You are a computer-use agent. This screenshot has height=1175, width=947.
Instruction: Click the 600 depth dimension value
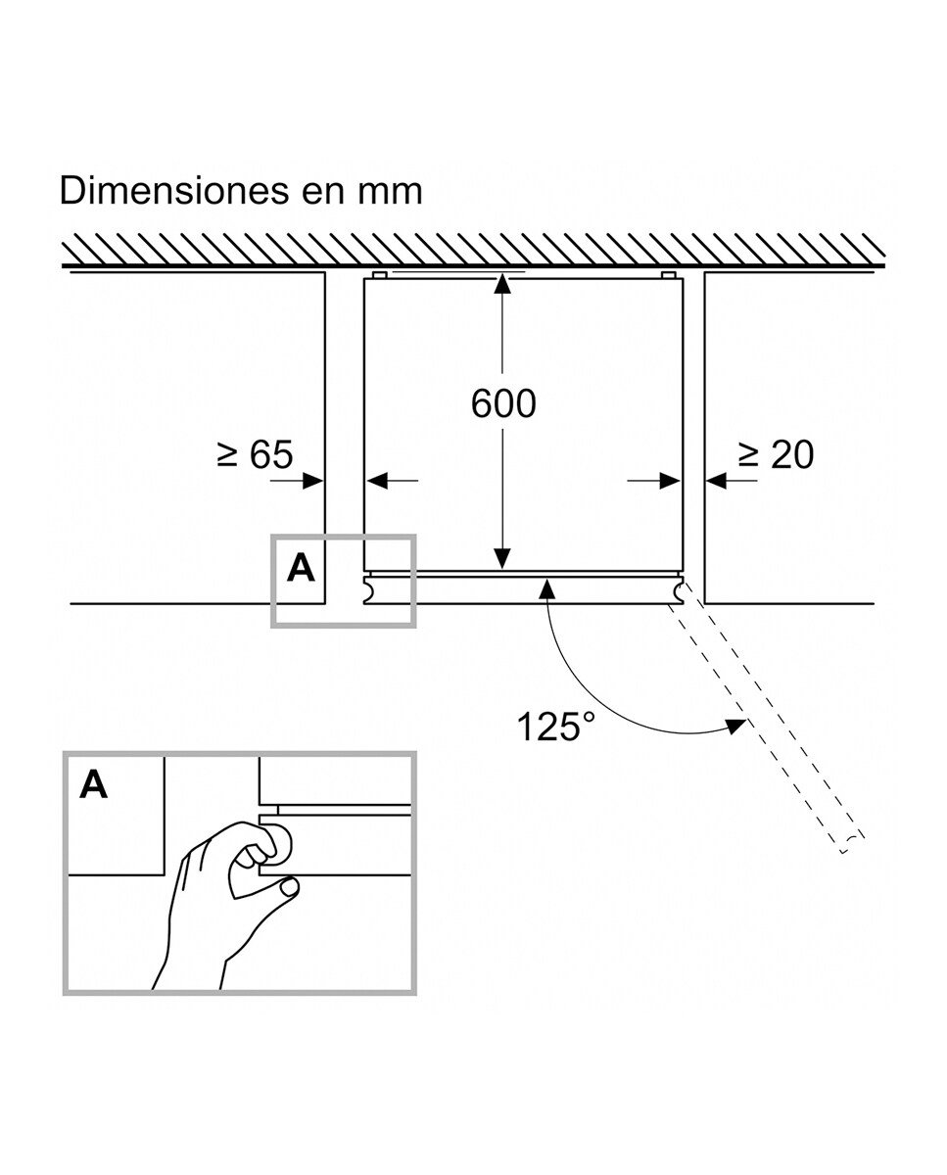[x=503, y=403]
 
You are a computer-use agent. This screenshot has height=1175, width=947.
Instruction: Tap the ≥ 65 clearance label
[x=255, y=454]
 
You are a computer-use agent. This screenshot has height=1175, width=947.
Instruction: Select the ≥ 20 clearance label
[x=776, y=454]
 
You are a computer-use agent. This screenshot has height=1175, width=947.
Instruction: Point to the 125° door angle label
[x=555, y=727]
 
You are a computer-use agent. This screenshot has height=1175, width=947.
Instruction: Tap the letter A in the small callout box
[x=301, y=568]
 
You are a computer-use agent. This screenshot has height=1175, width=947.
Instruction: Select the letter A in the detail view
[x=94, y=784]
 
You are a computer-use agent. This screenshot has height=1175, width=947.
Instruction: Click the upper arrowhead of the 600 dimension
[x=502, y=284]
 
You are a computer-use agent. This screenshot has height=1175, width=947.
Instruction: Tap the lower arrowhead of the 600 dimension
[x=502, y=559]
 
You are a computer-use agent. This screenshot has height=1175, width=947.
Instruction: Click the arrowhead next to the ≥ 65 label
[x=313, y=480]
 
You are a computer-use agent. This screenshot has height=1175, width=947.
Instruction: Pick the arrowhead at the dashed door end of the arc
[x=734, y=726]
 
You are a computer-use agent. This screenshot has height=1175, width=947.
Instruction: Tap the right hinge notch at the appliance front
[x=678, y=589]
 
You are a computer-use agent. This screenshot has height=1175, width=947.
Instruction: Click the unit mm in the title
[x=391, y=190]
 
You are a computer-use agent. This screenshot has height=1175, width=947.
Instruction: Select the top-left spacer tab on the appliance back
[x=379, y=275]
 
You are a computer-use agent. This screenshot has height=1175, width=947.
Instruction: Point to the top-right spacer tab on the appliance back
[x=669, y=275]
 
